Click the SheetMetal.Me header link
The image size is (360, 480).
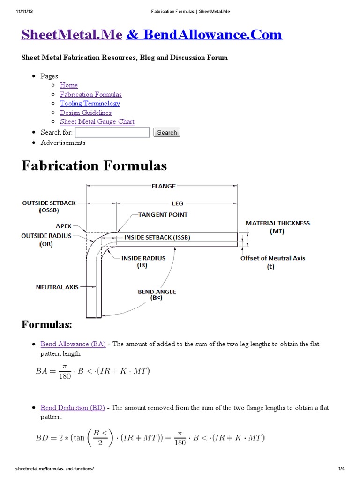[x=72, y=34]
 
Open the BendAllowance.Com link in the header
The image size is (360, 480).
[x=204, y=34]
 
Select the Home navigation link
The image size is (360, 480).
[x=69, y=85]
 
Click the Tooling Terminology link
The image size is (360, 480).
[x=90, y=104]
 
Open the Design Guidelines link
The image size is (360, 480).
[x=85, y=112]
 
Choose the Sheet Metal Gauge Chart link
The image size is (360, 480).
[x=97, y=122]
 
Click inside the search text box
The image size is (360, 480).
[x=112, y=132]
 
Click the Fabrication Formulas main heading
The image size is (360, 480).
[x=94, y=166]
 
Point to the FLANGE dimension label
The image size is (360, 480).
[x=164, y=186]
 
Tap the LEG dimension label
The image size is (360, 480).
[x=177, y=203]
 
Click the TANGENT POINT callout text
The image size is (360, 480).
[x=163, y=215]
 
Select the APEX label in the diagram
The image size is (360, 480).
[x=64, y=225]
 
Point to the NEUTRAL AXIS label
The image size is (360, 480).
[x=57, y=287]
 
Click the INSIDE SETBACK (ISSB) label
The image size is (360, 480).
[x=157, y=238]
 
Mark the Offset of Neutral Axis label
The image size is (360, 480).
[x=273, y=258]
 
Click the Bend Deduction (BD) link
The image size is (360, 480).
[x=73, y=408]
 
